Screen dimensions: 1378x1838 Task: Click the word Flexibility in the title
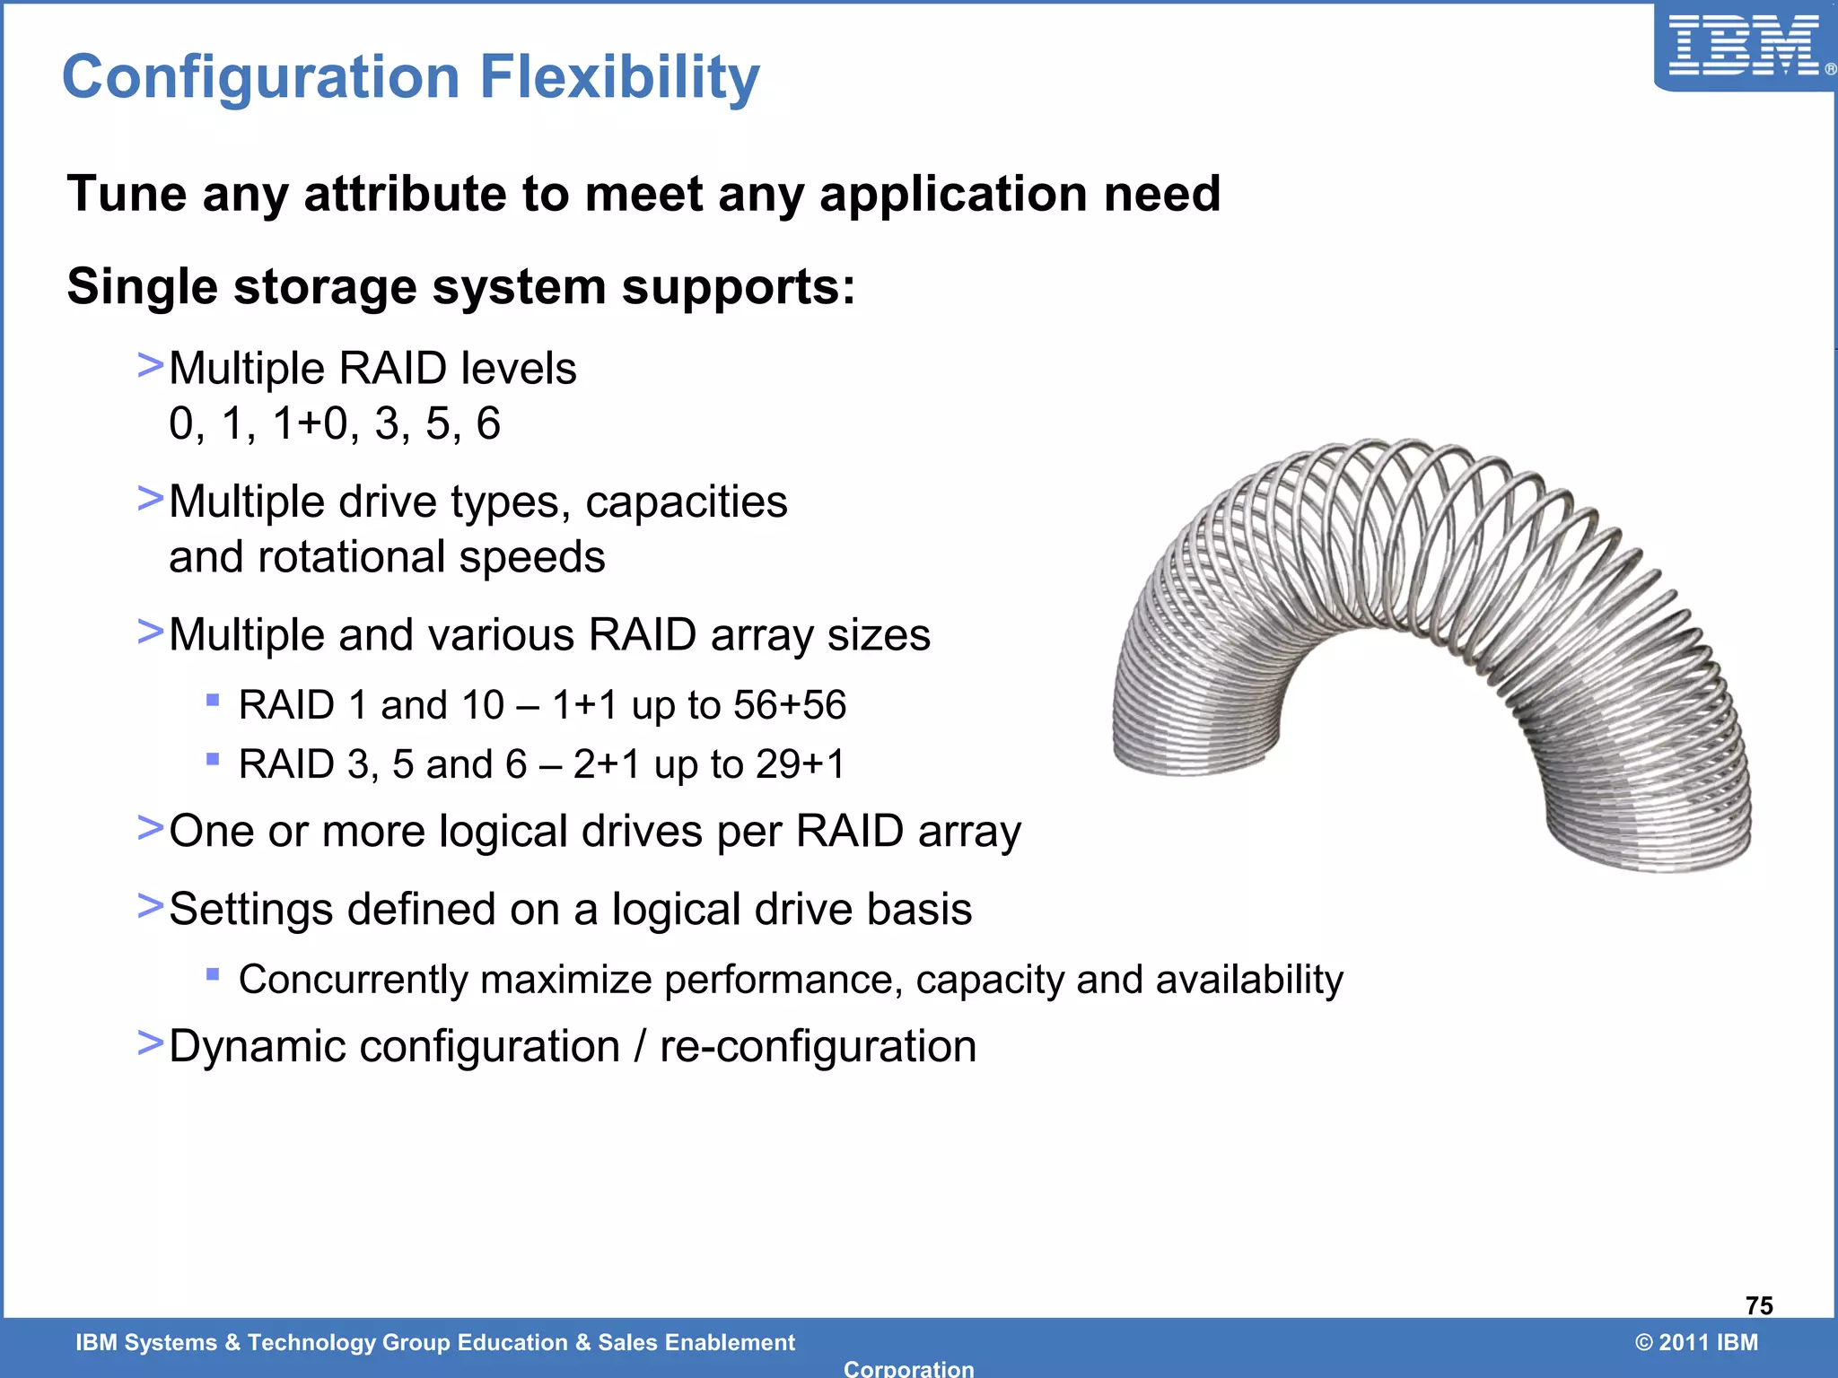(619, 77)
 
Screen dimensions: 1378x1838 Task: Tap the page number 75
(1759, 1305)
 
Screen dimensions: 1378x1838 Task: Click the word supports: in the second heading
(738, 288)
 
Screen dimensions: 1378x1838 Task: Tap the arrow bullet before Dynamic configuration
(150, 1043)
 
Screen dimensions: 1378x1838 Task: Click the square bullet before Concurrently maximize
(213, 974)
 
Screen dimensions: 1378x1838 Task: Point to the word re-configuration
(818, 1047)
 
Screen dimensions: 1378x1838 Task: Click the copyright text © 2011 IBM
(1696, 1342)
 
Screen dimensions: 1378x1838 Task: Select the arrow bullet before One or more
(150, 828)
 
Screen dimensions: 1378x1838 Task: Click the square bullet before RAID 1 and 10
(213, 700)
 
